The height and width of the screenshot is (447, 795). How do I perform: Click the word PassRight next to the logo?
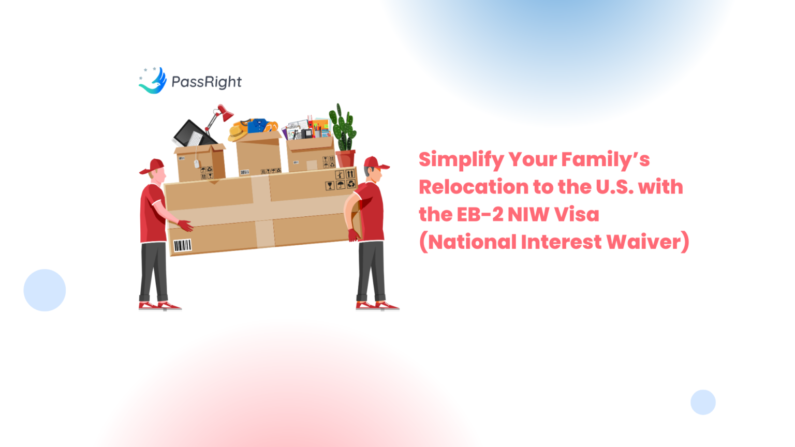pyautogui.click(x=207, y=82)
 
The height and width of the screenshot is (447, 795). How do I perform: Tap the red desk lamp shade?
pyautogui.click(x=226, y=112)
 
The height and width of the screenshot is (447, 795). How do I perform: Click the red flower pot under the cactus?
pyautogui.click(x=345, y=158)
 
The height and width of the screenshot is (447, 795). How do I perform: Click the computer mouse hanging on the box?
pyautogui.click(x=197, y=163)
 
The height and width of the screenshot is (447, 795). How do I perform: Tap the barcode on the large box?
pyautogui.click(x=182, y=245)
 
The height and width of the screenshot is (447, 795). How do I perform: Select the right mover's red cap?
pyautogui.click(x=376, y=163)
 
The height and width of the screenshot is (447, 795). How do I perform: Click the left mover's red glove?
pyautogui.click(x=185, y=226)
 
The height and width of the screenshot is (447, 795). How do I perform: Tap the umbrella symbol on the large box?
pyautogui.click(x=341, y=185)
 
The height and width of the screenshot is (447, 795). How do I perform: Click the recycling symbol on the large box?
pyautogui.click(x=351, y=184)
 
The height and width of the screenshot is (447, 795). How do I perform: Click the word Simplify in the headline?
pyautogui.click(x=461, y=160)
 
